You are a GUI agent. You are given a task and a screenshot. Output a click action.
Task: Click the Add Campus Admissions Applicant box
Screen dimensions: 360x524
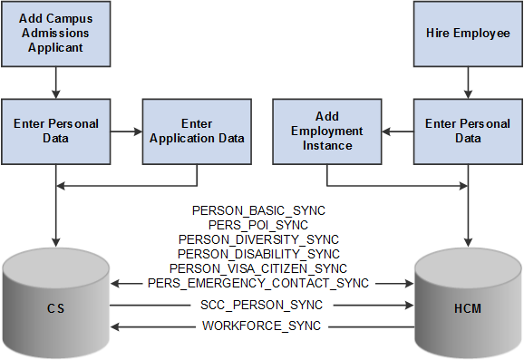click(x=56, y=34)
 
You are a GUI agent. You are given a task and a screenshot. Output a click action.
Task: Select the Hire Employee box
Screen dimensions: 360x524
click(x=468, y=34)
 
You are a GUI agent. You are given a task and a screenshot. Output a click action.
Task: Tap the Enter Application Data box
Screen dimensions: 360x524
click(x=197, y=131)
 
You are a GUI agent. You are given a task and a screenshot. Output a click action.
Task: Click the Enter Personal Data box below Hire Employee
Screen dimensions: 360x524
click(x=468, y=131)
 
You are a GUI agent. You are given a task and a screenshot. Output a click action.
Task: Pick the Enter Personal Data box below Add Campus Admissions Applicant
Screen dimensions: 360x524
click(x=56, y=131)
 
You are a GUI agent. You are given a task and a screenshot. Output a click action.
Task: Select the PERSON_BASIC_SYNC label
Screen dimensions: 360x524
click(x=258, y=210)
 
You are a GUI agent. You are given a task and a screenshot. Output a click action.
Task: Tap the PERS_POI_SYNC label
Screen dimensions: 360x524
click(x=258, y=225)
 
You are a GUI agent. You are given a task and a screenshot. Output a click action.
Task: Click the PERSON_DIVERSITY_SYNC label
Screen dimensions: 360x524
click(x=258, y=239)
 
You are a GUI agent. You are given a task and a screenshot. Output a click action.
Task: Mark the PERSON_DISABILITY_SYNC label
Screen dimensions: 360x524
click(x=258, y=254)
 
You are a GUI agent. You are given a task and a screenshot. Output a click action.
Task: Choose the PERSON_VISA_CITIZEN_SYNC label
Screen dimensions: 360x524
click(x=258, y=268)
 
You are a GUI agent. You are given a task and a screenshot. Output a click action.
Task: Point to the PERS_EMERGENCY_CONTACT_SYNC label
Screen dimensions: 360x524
click(x=258, y=283)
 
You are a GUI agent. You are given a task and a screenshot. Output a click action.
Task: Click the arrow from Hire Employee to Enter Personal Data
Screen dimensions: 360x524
click(x=468, y=83)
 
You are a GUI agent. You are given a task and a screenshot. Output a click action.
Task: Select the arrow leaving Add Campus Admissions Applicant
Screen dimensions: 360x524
click(x=56, y=83)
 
